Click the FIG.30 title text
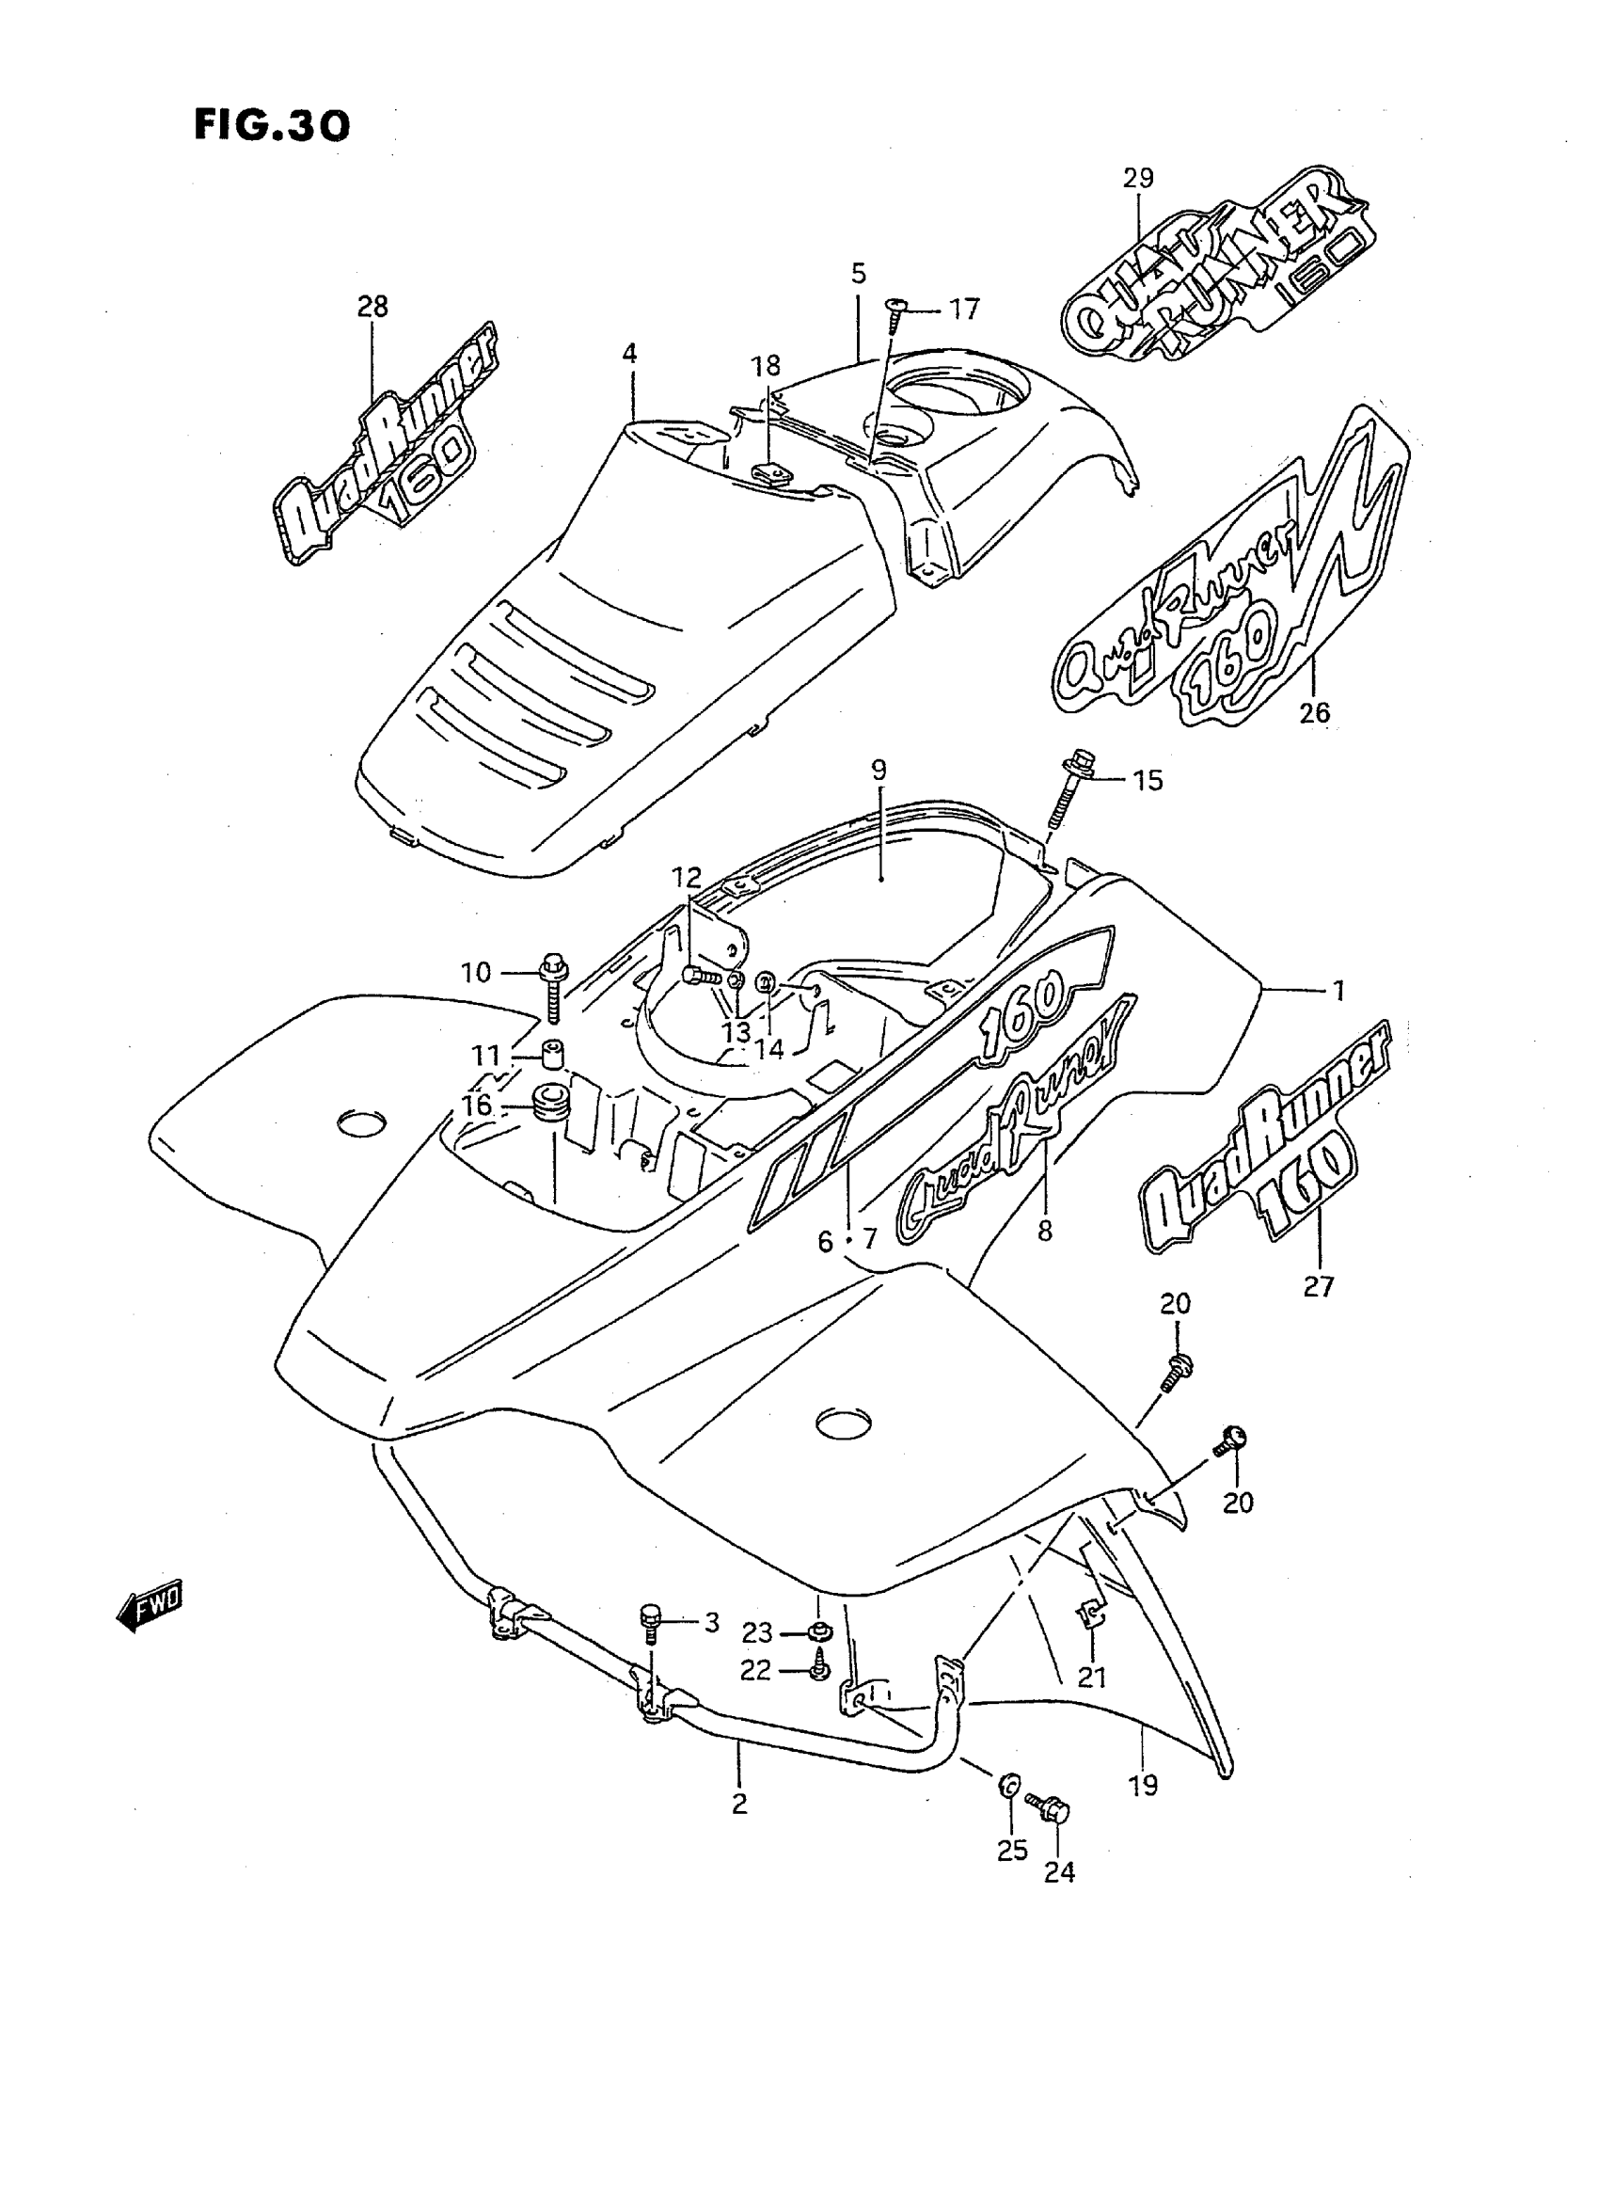pyautogui.click(x=272, y=125)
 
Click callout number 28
pyautogui.click(x=372, y=307)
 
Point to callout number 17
pyautogui.click(x=964, y=310)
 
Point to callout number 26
pyautogui.click(x=1314, y=712)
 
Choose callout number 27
pyautogui.click(x=1319, y=1287)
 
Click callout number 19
pyautogui.click(x=1143, y=1786)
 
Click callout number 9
pyautogui.click(x=878, y=771)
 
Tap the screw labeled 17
pyautogui.click(x=894, y=312)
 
